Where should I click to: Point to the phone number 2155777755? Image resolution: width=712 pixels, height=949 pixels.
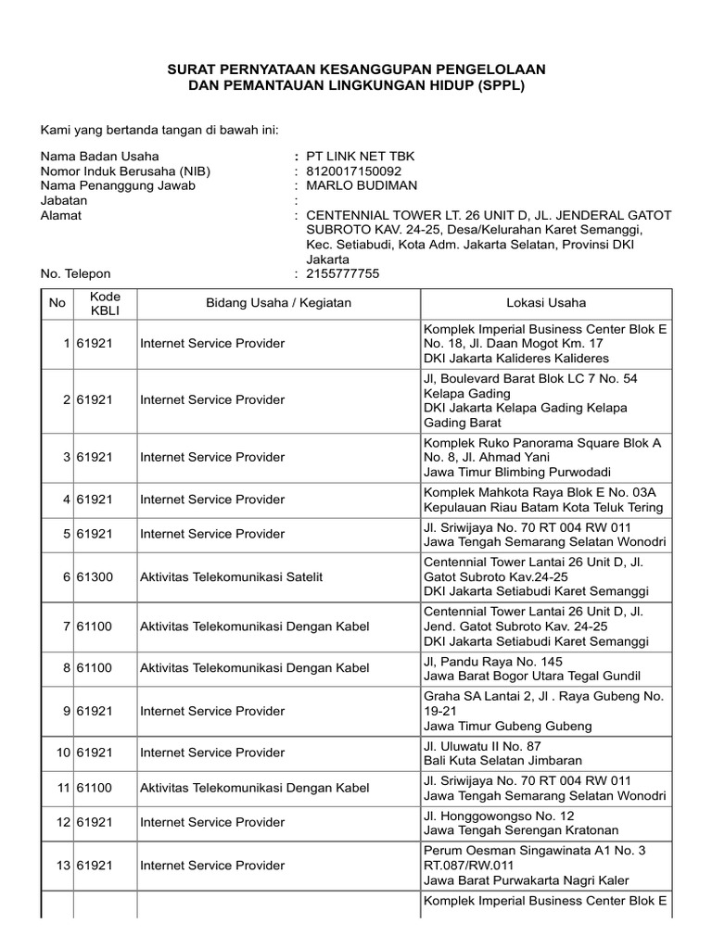tap(343, 274)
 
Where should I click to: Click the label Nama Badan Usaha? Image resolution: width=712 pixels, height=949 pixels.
tap(99, 156)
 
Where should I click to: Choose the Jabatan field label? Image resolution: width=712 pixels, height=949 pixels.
tap(64, 200)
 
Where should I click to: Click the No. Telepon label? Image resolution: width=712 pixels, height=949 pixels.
tap(75, 274)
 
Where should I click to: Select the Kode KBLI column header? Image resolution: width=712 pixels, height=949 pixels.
tap(105, 303)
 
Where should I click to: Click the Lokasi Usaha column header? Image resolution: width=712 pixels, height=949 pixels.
tap(546, 303)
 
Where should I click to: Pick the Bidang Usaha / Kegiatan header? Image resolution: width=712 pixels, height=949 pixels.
tap(278, 303)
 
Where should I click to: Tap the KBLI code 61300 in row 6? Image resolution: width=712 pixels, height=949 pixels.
tap(95, 576)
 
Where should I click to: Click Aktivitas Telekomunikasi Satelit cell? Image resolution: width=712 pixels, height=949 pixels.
tap(231, 576)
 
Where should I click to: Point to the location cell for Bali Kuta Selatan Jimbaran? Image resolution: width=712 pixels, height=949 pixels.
tap(546, 753)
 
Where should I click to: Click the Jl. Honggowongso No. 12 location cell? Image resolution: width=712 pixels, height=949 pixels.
tap(546, 823)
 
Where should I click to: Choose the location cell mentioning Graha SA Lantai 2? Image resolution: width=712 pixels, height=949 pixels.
tap(546, 711)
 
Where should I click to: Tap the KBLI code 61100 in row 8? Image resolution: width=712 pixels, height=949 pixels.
tap(95, 668)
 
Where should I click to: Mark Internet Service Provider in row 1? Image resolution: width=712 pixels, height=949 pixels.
tap(212, 344)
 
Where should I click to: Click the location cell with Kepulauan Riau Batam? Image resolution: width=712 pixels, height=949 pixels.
tap(546, 500)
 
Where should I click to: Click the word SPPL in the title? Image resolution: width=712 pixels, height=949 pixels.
tap(499, 85)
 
